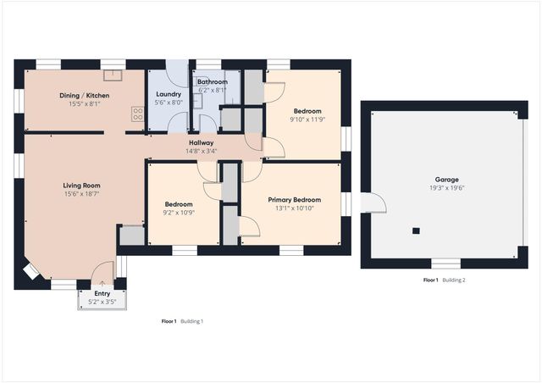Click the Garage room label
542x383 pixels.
click(446, 180)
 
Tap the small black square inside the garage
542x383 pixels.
click(416, 230)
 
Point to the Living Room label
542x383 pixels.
click(82, 185)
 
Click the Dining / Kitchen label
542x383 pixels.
click(84, 95)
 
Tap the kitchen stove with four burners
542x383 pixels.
click(136, 113)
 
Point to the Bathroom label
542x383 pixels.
click(212, 81)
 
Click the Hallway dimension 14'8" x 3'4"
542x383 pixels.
click(202, 152)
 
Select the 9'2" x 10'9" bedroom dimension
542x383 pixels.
click(179, 214)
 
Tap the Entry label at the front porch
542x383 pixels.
click(102, 293)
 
